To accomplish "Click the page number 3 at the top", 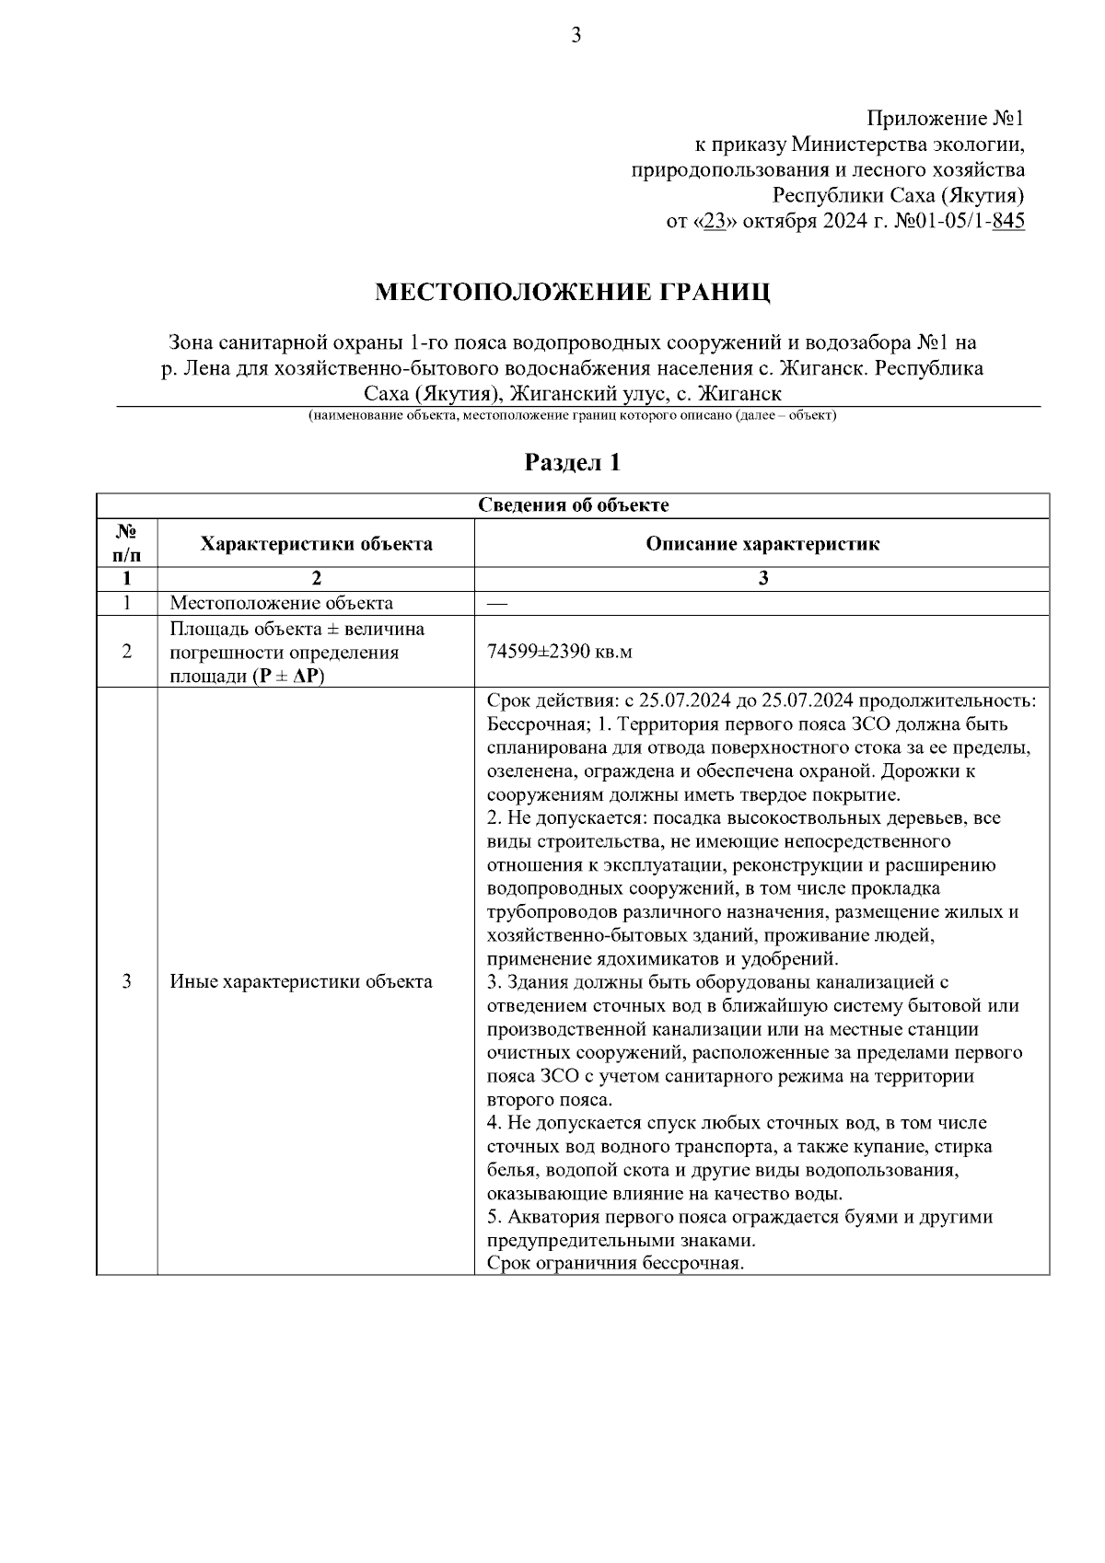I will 576,36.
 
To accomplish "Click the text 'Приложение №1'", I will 946,119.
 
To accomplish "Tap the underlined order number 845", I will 1007,222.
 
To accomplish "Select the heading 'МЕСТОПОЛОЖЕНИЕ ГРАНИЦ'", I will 572,293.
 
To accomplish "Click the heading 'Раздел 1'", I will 572,462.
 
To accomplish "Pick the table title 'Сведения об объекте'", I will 573,505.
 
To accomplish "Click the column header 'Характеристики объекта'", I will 316,543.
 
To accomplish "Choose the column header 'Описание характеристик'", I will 762,543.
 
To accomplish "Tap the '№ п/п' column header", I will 127,543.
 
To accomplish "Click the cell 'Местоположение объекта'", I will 281,604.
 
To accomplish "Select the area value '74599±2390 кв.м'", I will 559,652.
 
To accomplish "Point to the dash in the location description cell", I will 496,604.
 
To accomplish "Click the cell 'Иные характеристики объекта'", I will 301,981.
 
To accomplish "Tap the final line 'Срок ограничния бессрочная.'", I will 614,1263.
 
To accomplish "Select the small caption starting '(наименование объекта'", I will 572,416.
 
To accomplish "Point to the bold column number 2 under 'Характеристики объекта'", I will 316,579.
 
